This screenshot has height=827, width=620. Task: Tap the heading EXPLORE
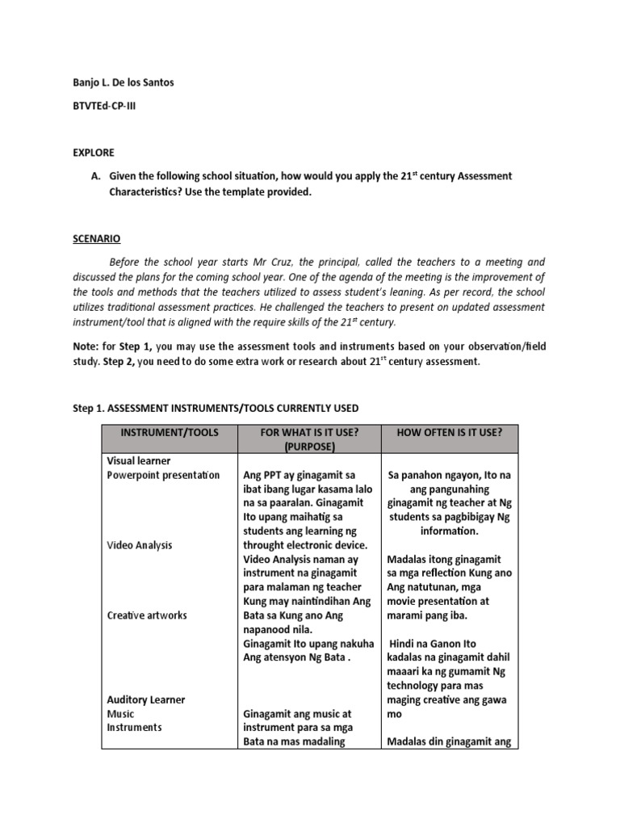(93, 153)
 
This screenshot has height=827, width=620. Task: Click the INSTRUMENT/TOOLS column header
(169, 432)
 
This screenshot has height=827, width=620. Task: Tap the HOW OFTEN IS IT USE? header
(450, 432)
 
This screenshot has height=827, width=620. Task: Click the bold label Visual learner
(138, 460)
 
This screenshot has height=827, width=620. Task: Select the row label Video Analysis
(140, 545)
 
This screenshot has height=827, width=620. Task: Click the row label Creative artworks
(147, 615)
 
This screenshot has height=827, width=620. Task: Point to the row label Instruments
(134, 727)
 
